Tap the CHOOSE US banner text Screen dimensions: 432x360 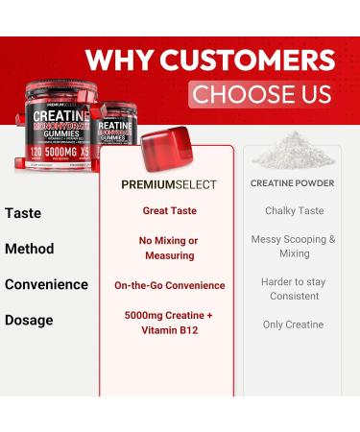(260, 94)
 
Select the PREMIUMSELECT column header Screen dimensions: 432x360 (169, 183)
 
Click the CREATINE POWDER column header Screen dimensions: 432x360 (293, 183)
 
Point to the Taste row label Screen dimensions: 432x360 (23, 212)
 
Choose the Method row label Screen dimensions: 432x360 (30, 249)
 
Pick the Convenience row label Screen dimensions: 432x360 (47, 285)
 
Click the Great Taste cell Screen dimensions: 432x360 (168, 211)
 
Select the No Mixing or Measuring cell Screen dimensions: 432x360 (168, 248)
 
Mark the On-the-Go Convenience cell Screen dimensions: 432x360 (168, 285)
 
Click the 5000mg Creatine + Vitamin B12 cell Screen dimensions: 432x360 (168, 324)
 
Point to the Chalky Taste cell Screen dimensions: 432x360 (294, 211)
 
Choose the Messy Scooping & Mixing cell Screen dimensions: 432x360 (294, 247)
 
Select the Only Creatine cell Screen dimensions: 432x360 (294, 324)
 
